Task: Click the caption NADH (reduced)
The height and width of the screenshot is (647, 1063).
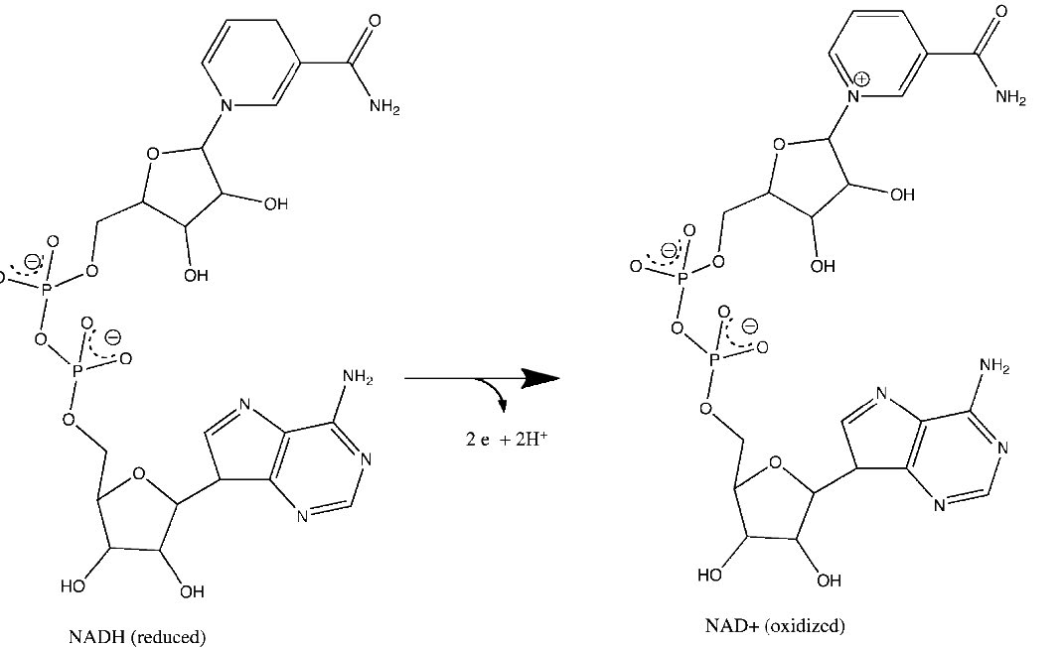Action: (137, 636)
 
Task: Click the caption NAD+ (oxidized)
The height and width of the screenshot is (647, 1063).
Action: (775, 626)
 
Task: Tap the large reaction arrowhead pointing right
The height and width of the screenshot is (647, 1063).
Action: (539, 378)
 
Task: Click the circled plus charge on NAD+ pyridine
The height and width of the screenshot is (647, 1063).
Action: (862, 78)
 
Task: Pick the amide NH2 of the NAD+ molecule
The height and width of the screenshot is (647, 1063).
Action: (1009, 97)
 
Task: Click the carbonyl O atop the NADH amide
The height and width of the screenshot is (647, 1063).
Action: (374, 21)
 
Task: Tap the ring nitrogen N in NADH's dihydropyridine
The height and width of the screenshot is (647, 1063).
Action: (228, 103)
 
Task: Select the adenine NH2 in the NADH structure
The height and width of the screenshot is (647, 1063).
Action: (357, 377)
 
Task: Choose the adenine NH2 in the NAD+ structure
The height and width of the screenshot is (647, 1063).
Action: (993, 367)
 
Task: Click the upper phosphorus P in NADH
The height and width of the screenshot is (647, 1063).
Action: (47, 287)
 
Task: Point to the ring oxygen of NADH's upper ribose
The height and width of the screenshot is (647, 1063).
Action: (152, 154)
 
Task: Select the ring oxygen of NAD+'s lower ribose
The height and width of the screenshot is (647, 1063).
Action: (775, 460)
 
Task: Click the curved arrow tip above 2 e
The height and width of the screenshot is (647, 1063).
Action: (504, 405)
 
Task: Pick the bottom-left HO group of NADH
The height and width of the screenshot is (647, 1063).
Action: (73, 586)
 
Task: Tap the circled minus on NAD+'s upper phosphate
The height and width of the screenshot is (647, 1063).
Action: (669, 250)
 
